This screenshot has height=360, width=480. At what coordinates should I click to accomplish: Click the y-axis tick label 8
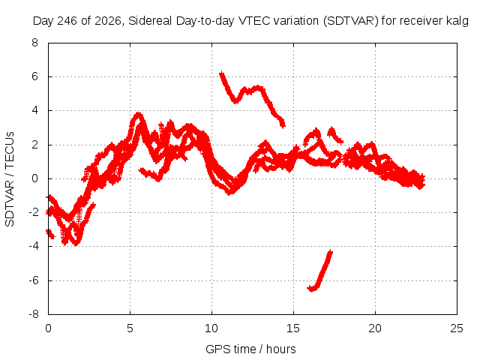(34, 43)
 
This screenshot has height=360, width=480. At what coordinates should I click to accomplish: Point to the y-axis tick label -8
(34, 314)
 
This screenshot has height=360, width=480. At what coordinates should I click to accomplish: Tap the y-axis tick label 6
(34, 76)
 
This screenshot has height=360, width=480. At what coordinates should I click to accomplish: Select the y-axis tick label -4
(34, 246)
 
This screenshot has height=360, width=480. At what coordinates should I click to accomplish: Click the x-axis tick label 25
(457, 328)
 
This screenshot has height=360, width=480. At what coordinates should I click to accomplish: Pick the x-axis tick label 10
(211, 328)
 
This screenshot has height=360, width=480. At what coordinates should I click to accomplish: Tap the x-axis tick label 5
(130, 328)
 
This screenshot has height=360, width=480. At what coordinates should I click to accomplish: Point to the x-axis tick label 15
(293, 328)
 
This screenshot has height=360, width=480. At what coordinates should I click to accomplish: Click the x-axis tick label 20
(375, 328)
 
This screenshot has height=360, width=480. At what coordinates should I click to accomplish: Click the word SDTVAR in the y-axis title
(10, 204)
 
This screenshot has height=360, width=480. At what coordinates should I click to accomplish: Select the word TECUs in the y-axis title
(10, 149)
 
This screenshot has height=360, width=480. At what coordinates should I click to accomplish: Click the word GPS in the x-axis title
(218, 349)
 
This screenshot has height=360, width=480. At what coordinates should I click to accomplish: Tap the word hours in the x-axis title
(281, 349)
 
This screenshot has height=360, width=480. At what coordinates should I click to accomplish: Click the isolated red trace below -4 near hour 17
(320, 271)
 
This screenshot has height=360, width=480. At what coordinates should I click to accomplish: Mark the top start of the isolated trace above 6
(221, 73)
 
